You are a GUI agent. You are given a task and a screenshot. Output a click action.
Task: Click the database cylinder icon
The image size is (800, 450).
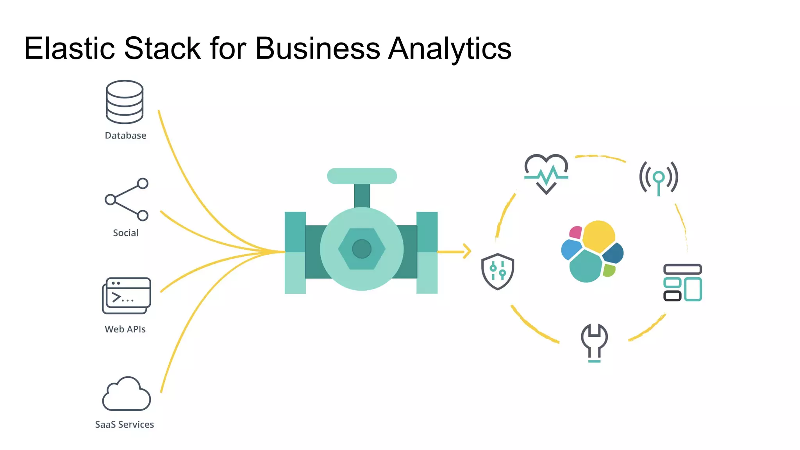[x=125, y=102]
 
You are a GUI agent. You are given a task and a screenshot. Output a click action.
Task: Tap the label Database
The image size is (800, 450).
[x=125, y=136]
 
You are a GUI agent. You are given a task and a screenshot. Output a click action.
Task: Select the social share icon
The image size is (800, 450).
[x=127, y=199]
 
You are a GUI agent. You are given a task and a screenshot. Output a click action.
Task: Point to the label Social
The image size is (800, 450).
[x=125, y=233]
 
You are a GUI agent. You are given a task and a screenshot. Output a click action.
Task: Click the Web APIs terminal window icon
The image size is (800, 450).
[x=126, y=296]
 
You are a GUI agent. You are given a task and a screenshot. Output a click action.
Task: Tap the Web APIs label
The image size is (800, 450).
[x=125, y=329]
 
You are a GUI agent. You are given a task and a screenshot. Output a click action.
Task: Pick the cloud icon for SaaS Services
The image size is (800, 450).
[x=126, y=394]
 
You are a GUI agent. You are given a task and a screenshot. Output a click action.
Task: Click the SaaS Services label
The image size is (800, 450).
[x=125, y=425]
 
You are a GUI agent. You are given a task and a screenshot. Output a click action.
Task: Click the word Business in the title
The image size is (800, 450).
[x=317, y=48]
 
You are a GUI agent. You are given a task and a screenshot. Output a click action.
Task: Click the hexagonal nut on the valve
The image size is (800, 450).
[x=362, y=249]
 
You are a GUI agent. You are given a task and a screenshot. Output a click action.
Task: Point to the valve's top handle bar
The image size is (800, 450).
[x=362, y=176]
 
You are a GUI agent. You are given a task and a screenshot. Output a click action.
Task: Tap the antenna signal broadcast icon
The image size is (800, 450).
[x=659, y=178]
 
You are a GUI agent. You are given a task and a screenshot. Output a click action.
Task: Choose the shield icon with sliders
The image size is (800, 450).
[x=497, y=271]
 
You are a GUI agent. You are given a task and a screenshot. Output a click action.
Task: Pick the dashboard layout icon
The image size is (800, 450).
[x=682, y=282]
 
